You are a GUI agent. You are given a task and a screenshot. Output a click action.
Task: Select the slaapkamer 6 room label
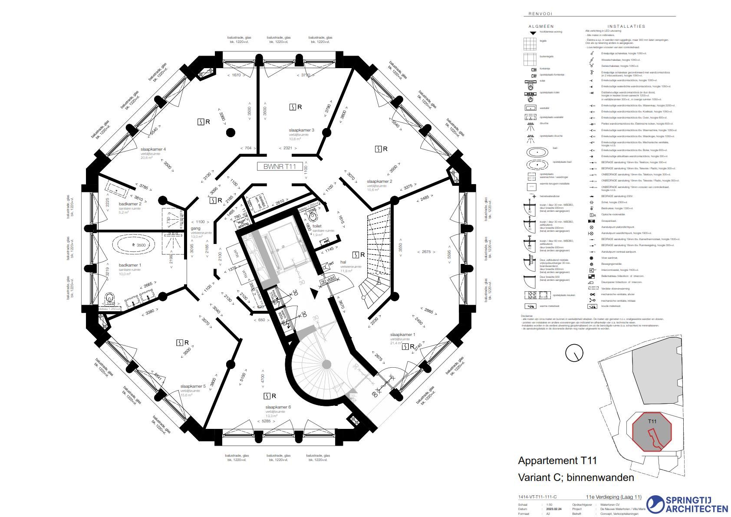click(278, 407)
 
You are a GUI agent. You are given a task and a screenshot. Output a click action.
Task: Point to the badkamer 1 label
click(130, 265)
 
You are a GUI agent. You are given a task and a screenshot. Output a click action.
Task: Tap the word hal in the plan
click(343, 262)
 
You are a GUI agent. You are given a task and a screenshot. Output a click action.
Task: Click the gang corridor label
click(195, 228)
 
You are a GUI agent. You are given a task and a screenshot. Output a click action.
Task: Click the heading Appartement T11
click(557, 461)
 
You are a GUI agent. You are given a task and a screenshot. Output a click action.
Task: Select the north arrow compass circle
click(574, 353)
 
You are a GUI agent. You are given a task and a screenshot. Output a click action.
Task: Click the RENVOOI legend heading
click(540, 14)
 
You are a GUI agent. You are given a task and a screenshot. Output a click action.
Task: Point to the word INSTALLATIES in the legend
click(626, 26)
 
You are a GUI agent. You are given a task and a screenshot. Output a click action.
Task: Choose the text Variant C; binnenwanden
click(576, 477)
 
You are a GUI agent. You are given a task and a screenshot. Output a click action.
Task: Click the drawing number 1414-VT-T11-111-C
click(537, 497)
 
